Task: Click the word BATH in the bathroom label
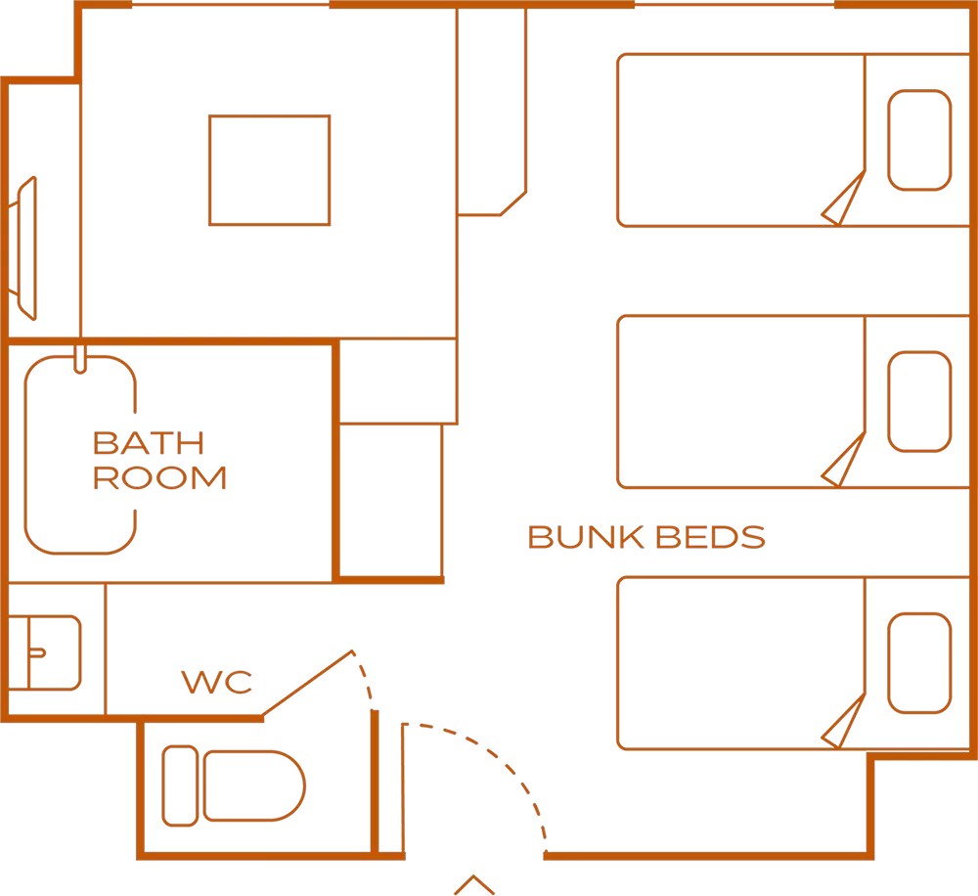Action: [149, 443]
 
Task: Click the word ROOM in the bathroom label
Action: [159, 478]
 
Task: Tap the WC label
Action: [217, 682]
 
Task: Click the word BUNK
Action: [586, 537]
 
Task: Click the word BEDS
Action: [710, 537]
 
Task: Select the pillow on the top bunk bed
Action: [919, 140]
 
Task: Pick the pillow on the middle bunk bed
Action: [919, 401]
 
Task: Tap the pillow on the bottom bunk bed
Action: [919, 662]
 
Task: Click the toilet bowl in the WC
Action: [254, 785]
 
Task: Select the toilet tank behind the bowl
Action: [180, 785]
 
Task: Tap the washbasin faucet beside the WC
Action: [38, 653]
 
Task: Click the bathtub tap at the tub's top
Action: [80, 359]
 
